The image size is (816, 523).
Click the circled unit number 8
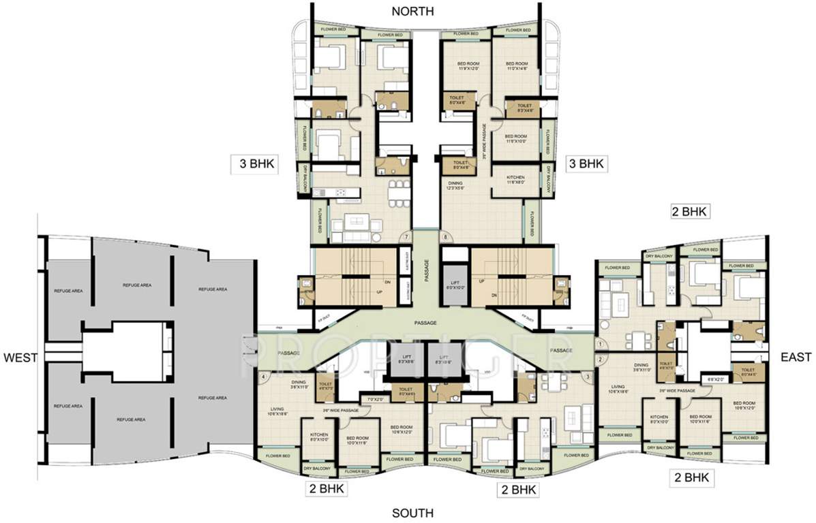point(447,237)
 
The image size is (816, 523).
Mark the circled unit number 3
point(588,375)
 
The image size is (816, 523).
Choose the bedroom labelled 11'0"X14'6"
point(517,66)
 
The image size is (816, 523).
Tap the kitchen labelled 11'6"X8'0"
point(515,180)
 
